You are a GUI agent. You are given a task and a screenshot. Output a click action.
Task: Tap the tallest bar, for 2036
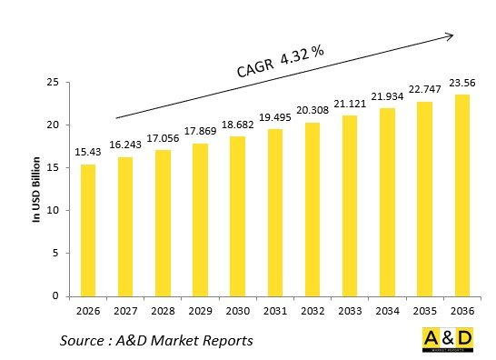pos(461,195)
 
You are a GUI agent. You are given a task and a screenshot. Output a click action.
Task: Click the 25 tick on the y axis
pos(53,83)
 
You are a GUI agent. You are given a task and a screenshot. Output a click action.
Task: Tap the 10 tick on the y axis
pos(53,211)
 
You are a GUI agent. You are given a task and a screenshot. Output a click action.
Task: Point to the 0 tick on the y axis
pos(56,296)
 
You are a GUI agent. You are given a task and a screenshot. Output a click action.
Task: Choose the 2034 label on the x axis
pos(387,312)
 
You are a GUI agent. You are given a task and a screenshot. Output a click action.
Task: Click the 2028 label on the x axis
pos(163,312)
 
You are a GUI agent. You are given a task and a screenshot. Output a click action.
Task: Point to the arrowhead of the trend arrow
pos(449,35)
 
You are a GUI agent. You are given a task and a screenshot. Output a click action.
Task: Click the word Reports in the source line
pos(222,341)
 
